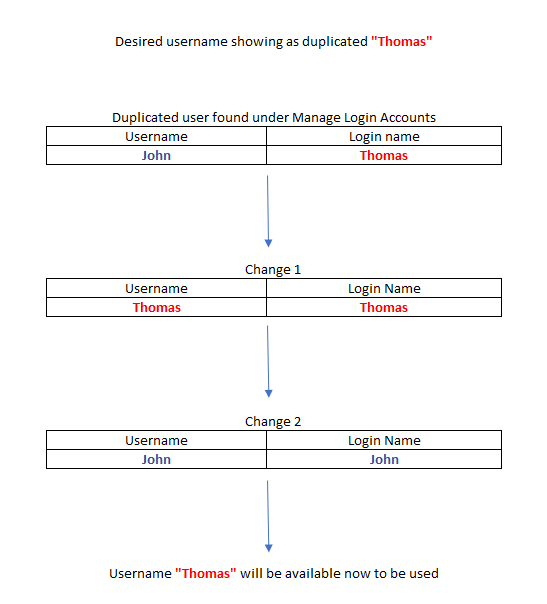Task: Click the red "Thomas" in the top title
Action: pyautogui.click(x=402, y=41)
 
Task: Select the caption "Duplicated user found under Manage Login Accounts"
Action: pyautogui.click(x=274, y=117)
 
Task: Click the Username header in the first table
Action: pyautogui.click(x=156, y=136)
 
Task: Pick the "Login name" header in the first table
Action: pyautogui.click(x=384, y=137)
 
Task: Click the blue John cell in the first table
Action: pyautogui.click(x=156, y=155)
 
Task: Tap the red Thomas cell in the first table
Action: pyautogui.click(x=384, y=155)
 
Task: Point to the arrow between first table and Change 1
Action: pyautogui.click(x=268, y=211)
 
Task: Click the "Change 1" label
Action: pyautogui.click(x=273, y=270)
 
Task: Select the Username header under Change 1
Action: pyautogui.click(x=156, y=289)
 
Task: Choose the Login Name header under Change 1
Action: pyautogui.click(x=384, y=289)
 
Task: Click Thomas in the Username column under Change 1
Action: pyautogui.click(x=157, y=307)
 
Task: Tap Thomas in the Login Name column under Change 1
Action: pyautogui.click(x=384, y=307)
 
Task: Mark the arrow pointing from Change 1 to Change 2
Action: pyautogui.click(x=268, y=361)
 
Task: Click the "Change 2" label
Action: pyautogui.click(x=273, y=422)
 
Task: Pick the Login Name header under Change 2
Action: pyautogui.click(x=384, y=441)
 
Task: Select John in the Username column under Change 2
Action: pyautogui.click(x=156, y=459)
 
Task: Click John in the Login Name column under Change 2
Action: pyautogui.click(x=384, y=459)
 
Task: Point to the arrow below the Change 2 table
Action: pyautogui.click(x=268, y=516)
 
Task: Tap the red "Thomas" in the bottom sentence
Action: pyautogui.click(x=206, y=574)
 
